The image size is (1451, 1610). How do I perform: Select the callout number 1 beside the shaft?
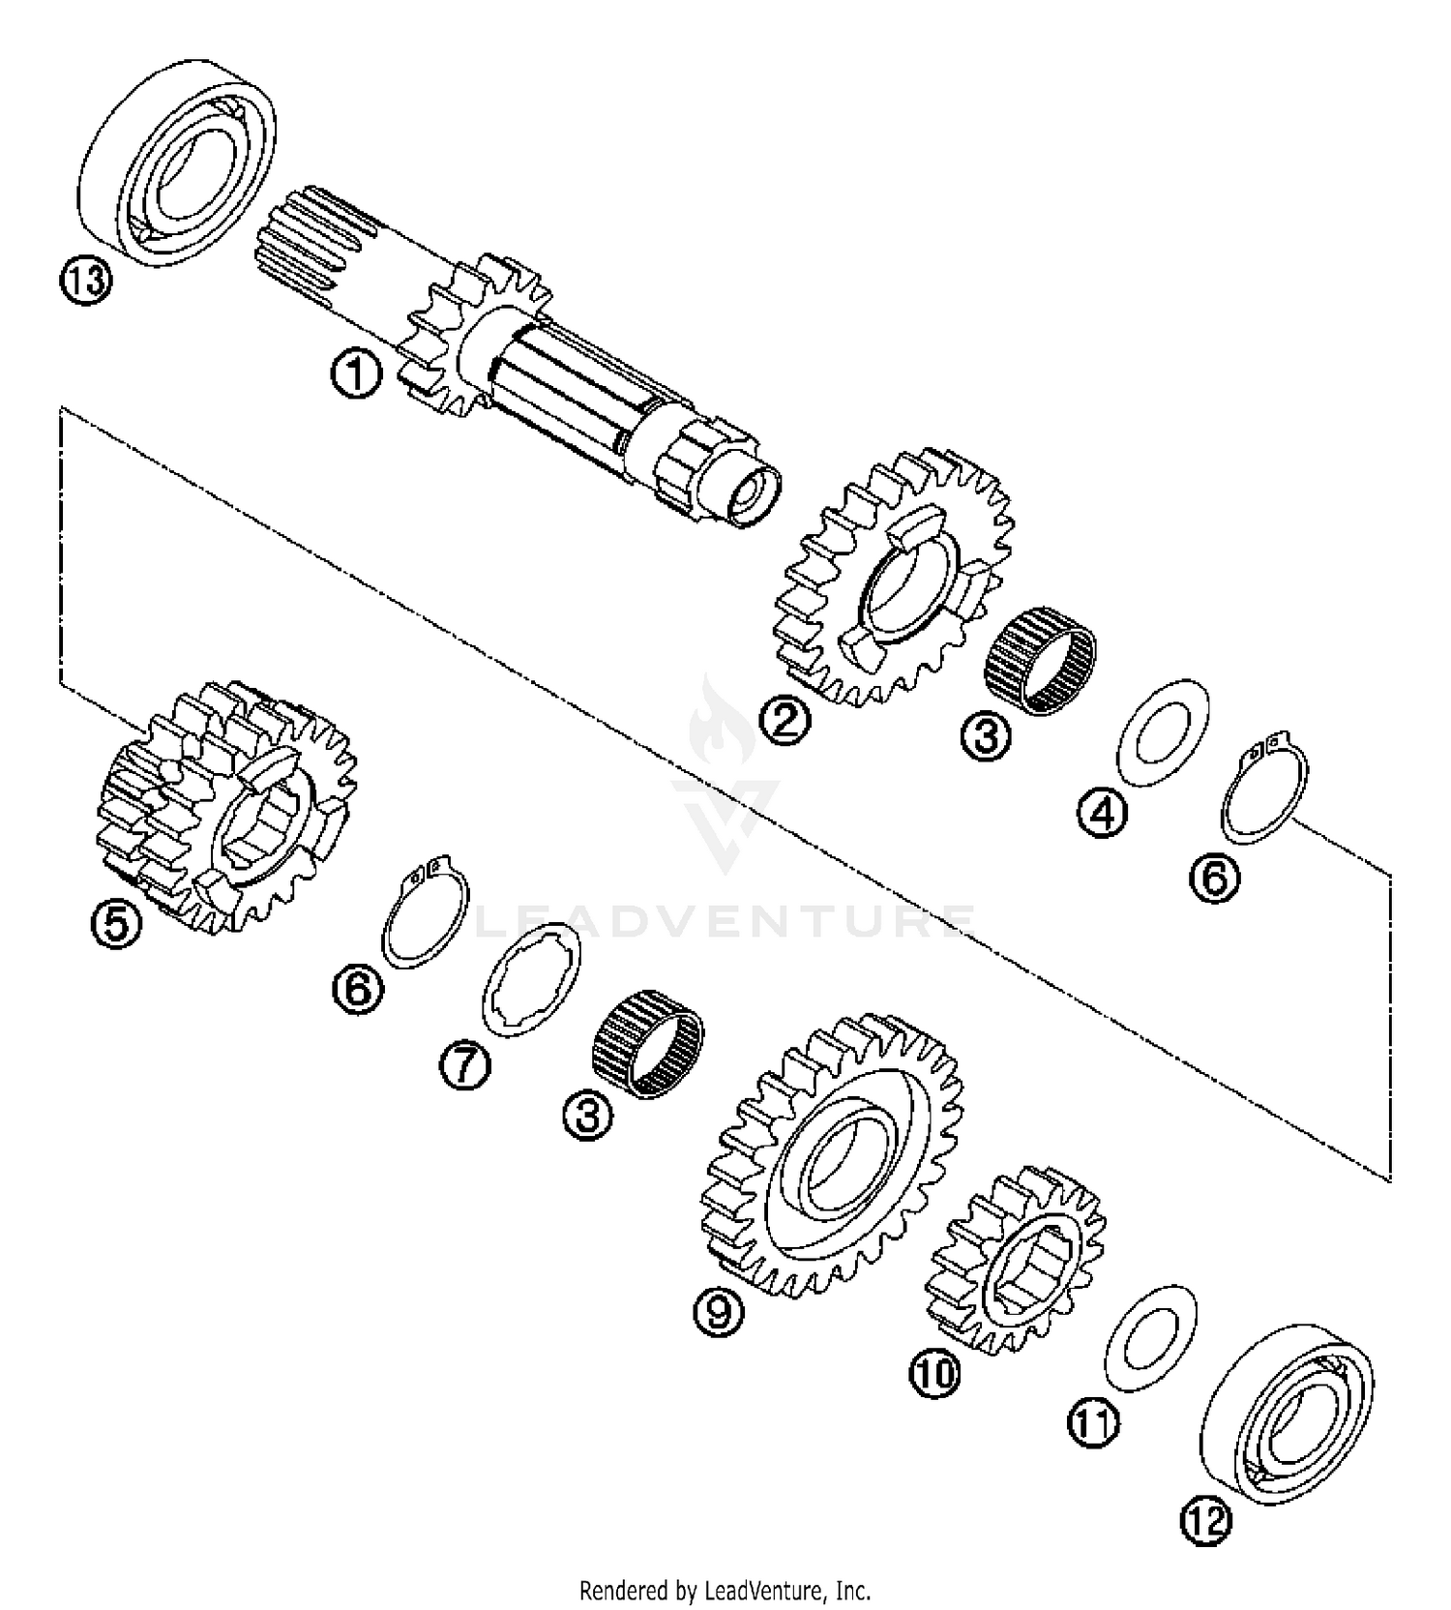click(355, 373)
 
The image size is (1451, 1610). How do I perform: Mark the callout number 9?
click(720, 1312)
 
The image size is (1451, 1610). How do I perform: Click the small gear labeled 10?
click(1016, 1259)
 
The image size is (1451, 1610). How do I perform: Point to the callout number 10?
click(934, 1372)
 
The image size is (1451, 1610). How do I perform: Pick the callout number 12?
click(1205, 1520)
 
